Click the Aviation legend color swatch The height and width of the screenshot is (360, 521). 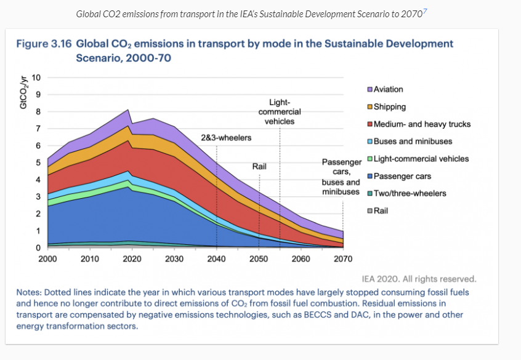[370, 89]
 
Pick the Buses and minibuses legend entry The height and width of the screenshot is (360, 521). [413, 141]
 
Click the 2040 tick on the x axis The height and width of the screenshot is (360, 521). [217, 259]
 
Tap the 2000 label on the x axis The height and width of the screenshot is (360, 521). [47, 259]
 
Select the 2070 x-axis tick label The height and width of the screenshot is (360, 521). [343, 259]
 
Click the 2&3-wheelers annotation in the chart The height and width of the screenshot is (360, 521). [226, 138]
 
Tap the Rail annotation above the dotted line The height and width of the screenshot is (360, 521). [259, 167]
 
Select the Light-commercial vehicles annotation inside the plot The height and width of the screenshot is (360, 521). [280, 111]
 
